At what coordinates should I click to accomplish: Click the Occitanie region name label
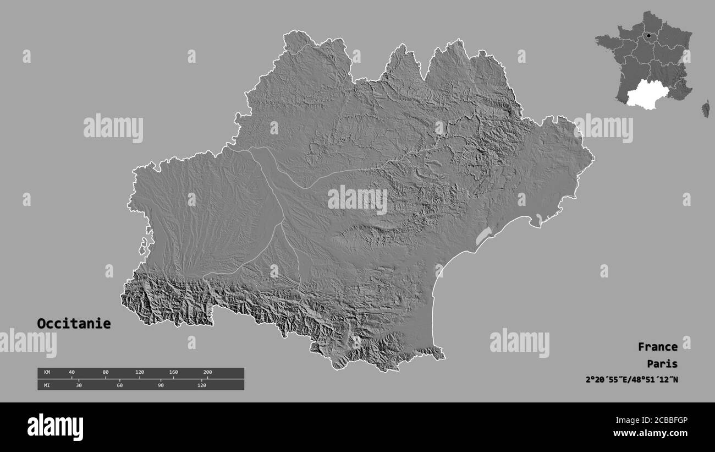pyautogui.click(x=74, y=324)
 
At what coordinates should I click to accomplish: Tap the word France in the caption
pyautogui.click(x=657, y=347)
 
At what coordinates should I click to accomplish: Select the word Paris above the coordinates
pyautogui.click(x=662, y=363)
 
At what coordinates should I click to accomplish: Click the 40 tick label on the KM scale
pyautogui.click(x=71, y=373)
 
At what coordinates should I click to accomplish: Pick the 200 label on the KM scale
pyautogui.click(x=207, y=373)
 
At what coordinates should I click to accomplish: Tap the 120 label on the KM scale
pyautogui.click(x=140, y=373)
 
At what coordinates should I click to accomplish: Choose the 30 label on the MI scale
pyautogui.click(x=79, y=385)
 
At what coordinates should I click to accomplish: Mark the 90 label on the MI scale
pyautogui.click(x=161, y=385)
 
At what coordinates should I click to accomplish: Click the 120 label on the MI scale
pyautogui.click(x=202, y=385)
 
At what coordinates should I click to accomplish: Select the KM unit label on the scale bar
pyautogui.click(x=47, y=373)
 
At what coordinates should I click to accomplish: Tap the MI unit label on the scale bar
pyautogui.click(x=47, y=385)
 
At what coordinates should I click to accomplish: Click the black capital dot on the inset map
pyautogui.click(x=649, y=36)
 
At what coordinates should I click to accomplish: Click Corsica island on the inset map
pyautogui.click(x=705, y=109)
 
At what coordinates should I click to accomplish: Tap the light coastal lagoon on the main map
pyautogui.click(x=483, y=236)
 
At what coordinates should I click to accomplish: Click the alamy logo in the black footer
pyautogui.click(x=56, y=427)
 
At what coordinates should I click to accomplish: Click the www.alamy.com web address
pyautogui.click(x=650, y=433)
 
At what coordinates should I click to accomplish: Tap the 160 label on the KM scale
pyautogui.click(x=173, y=373)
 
